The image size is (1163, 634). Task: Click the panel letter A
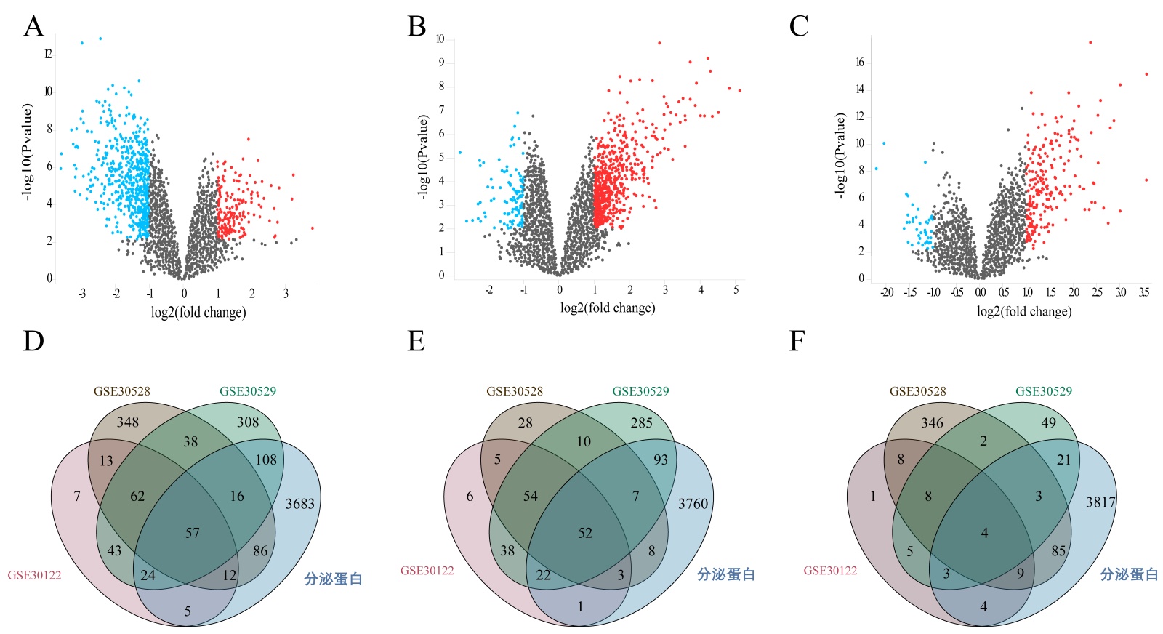[33, 26]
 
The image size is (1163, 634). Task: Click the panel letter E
[416, 340]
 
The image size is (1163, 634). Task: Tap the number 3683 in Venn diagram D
[299, 503]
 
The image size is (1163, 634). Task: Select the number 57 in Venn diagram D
[192, 533]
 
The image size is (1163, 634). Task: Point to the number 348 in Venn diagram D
[127, 422]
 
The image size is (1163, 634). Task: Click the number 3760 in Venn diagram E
[693, 503]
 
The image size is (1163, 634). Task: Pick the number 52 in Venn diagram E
[585, 533]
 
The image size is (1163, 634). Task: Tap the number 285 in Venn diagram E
[641, 422]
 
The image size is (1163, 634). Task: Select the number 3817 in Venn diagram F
[1100, 502]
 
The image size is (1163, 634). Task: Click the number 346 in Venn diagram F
[932, 422]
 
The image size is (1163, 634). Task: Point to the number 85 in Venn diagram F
[1058, 550]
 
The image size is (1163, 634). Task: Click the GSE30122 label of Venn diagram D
[34, 575]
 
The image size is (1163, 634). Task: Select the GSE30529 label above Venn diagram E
[640, 391]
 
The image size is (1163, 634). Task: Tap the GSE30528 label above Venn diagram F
[918, 391]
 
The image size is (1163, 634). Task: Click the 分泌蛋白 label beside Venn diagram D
[333, 579]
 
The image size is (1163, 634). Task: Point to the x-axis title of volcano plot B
[608, 308]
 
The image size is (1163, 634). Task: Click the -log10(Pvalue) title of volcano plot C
[840, 156]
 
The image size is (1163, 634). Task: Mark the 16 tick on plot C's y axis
[860, 63]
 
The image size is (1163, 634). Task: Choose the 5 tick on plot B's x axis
[736, 289]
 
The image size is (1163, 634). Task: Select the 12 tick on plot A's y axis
[48, 54]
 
